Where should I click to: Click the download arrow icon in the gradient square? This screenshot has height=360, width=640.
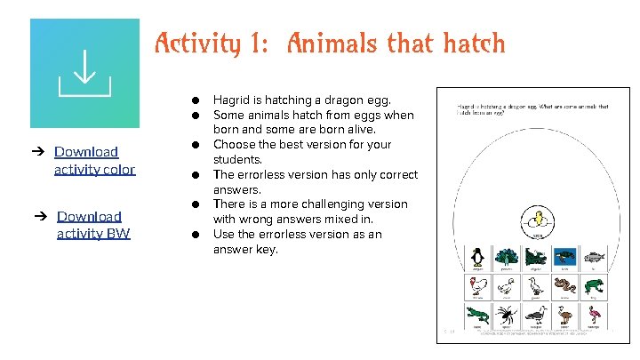84,72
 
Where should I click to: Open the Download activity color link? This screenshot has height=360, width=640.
94,160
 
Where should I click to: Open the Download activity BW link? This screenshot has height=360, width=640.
93,225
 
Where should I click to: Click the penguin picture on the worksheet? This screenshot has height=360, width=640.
477,258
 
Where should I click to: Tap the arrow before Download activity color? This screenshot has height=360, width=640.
40,152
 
